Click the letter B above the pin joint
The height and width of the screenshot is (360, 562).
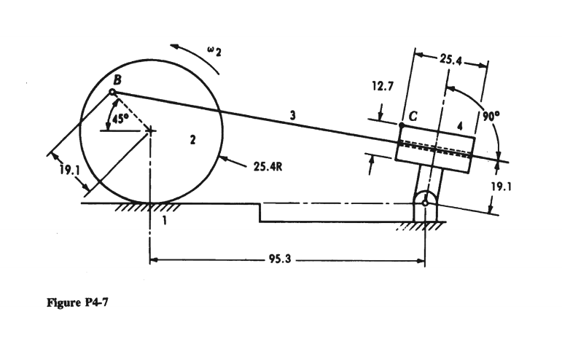[117, 80]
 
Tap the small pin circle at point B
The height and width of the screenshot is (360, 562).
[112, 93]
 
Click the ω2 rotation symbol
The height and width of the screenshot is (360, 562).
[214, 52]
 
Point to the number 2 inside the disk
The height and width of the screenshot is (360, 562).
[193, 140]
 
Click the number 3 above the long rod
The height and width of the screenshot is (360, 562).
[293, 115]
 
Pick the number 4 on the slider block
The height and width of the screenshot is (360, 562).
[460, 126]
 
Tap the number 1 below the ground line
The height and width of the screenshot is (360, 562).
[165, 220]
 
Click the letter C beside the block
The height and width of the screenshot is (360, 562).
[413, 116]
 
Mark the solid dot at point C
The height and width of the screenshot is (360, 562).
[402, 125]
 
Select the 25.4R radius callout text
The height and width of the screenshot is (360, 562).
[268, 167]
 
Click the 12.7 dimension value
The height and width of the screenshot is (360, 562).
[383, 86]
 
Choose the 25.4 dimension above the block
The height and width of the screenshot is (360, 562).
[450, 60]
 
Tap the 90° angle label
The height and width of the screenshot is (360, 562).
[491, 116]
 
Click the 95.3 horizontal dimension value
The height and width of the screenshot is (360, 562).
[280, 259]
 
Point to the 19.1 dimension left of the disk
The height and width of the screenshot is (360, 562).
[70, 170]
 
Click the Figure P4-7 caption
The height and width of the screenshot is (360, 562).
[77, 302]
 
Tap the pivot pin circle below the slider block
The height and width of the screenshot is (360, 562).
[425, 203]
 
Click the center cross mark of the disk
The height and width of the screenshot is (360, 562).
[151, 130]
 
